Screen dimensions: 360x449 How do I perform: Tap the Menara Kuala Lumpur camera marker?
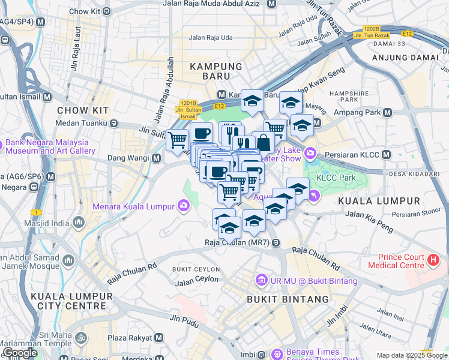click(183, 206)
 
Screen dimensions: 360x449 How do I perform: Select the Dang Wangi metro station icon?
click(156, 158)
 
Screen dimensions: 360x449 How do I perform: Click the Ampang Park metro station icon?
click(387, 112)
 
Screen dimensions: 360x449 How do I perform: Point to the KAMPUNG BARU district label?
click(216, 66)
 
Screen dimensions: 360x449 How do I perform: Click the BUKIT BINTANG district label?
click(288, 299)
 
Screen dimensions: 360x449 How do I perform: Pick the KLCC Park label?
click(336, 178)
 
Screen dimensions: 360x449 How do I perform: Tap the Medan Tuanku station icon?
click(113, 123)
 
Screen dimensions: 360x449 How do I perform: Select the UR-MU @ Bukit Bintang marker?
click(261, 280)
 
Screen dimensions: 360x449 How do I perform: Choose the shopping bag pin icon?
click(263, 142)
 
